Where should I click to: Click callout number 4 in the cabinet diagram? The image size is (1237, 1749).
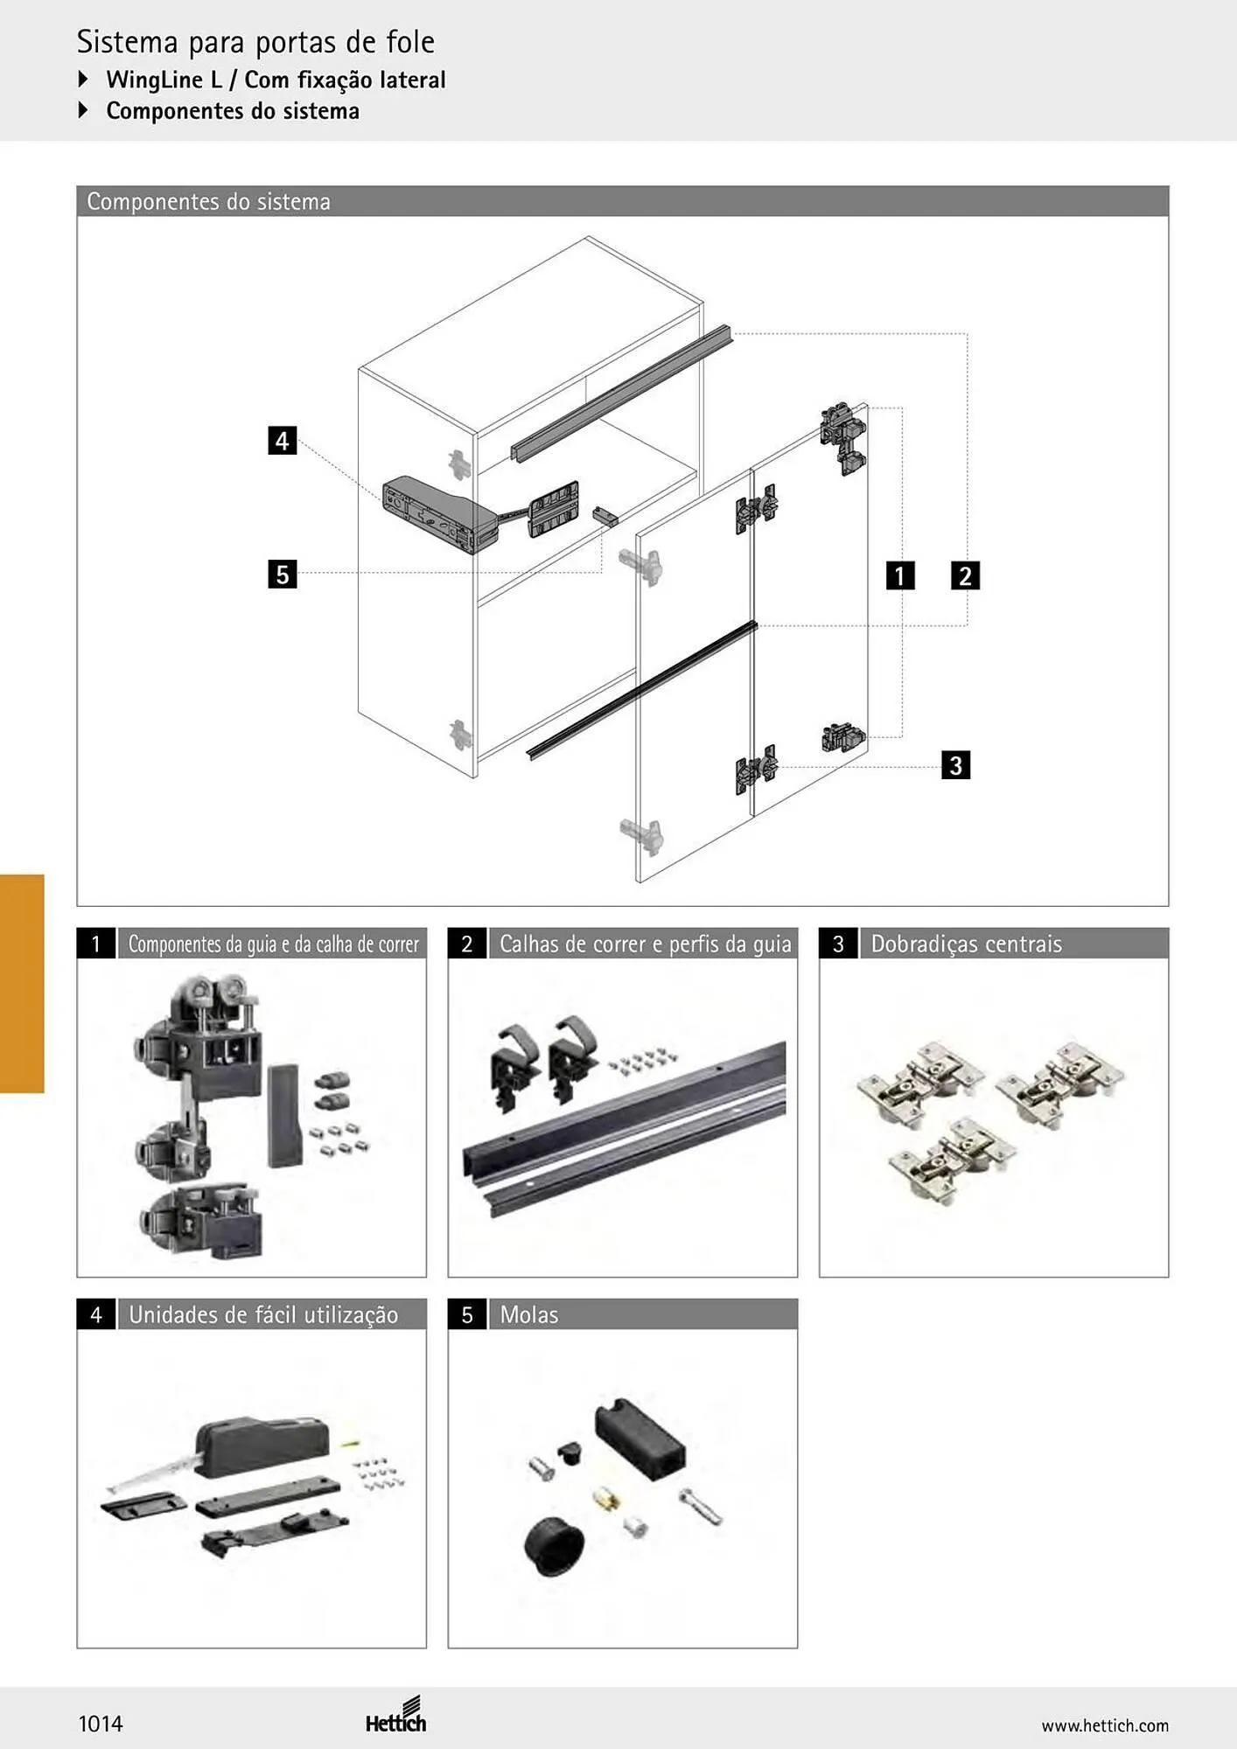click(x=282, y=440)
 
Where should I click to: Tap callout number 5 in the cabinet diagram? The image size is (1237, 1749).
click(x=282, y=575)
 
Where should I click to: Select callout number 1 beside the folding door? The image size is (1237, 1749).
click(x=900, y=575)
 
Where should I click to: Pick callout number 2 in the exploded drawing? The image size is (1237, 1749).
click(x=965, y=575)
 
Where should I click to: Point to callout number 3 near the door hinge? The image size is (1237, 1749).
click(x=955, y=765)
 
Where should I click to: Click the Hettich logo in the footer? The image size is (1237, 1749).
click(x=396, y=1715)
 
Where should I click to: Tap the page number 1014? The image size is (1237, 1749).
click(x=101, y=1724)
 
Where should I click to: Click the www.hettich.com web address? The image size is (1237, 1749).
click(x=1105, y=1725)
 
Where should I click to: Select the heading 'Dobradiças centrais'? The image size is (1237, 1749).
click(x=967, y=944)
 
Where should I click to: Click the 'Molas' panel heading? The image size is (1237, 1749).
click(x=529, y=1314)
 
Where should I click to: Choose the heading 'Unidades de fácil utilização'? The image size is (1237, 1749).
click(x=263, y=1315)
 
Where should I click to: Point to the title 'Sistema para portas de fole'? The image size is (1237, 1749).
click(x=255, y=42)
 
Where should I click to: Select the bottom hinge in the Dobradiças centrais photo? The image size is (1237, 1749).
click(x=952, y=1155)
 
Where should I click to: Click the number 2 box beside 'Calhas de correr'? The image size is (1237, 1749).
click(x=467, y=944)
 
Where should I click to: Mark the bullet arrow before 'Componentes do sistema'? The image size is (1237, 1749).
click(x=83, y=110)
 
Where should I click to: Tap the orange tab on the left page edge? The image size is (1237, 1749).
click(x=22, y=983)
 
